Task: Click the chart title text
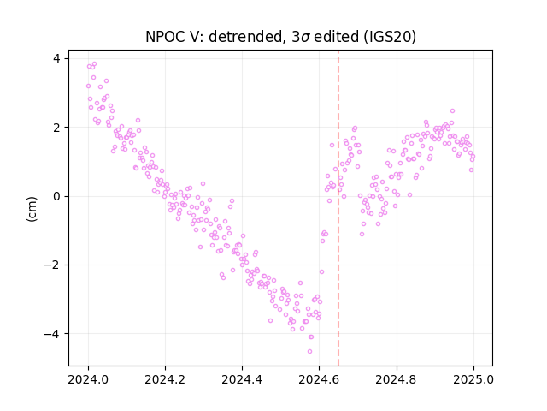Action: click(x=281, y=37)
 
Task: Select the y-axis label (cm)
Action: click(x=32, y=209)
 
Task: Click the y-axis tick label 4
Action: click(x=56, y=58)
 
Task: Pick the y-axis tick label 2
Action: click(x=56, y=128)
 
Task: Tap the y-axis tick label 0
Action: click(x=56, y=196)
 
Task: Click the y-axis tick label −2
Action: click(x=52, y=265)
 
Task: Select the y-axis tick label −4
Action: click(x=52, y=334)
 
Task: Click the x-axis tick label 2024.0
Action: click(x=88, y=379)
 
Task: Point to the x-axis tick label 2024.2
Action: click(x=165, y=379)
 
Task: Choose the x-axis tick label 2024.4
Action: click(x=242, y=379)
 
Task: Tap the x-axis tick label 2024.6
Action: click(x=319, y=379)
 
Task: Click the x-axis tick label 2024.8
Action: click(x=397, y=379)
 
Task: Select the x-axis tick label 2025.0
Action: click(x=473, y=379)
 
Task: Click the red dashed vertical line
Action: click(x=338, y=208)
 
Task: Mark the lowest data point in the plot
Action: click(x=309, y=351)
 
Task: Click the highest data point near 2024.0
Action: click(x=94, y=64)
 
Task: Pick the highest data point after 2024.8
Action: click(x=452, y=110)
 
